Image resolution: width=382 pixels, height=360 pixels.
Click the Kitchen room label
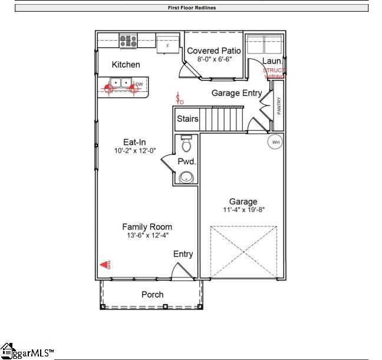pyautogui.click(x=126, y=65)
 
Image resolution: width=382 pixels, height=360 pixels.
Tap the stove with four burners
pyautogui.click(x=128, y=41)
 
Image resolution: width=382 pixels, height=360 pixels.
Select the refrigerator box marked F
pyautogui.click(x=168, y=45)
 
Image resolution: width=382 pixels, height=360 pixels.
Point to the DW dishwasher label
pyautogui.click(x=139, y=85)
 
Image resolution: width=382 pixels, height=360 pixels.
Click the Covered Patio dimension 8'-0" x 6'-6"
pyautogui.click(x=213, y=60)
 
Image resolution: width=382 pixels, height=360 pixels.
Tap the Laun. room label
pyautogui.click(x=272, y=61)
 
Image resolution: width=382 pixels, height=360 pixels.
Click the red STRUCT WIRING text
pyautogui.click(x=274, y=73)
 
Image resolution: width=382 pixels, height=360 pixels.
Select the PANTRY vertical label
pyautogui.click(x=279, y=107)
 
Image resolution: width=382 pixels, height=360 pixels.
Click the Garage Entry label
pyautogui.click(x=236, y=93)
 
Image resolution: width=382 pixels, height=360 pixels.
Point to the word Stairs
pyautogui.click(x=187, y=119)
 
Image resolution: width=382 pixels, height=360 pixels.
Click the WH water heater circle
pyautogui.click(x=275, y=141)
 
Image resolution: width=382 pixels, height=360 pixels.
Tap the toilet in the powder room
pyautogui.click(x=186, y=143)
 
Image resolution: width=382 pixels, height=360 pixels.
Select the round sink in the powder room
pyautogui.click(x=187, y=176)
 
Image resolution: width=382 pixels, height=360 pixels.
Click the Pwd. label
pyautogui.click(x=187, y=161)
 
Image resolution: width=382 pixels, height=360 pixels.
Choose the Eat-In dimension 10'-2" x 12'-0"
pyautogui.click(x=134, y=151)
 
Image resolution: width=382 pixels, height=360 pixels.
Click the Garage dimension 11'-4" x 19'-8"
pyautogui.click(x=243, y=210)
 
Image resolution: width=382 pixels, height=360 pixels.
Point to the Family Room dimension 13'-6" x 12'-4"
pyautogui.click(x=147, y=236)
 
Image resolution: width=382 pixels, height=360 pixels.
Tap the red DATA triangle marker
pyautogui.click(x=105, y=266)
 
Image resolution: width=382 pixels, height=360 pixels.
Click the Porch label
pyautogui.click(x=153, y=295)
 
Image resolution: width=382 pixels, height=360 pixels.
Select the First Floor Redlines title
pyautogui.click(x=192, y=8)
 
